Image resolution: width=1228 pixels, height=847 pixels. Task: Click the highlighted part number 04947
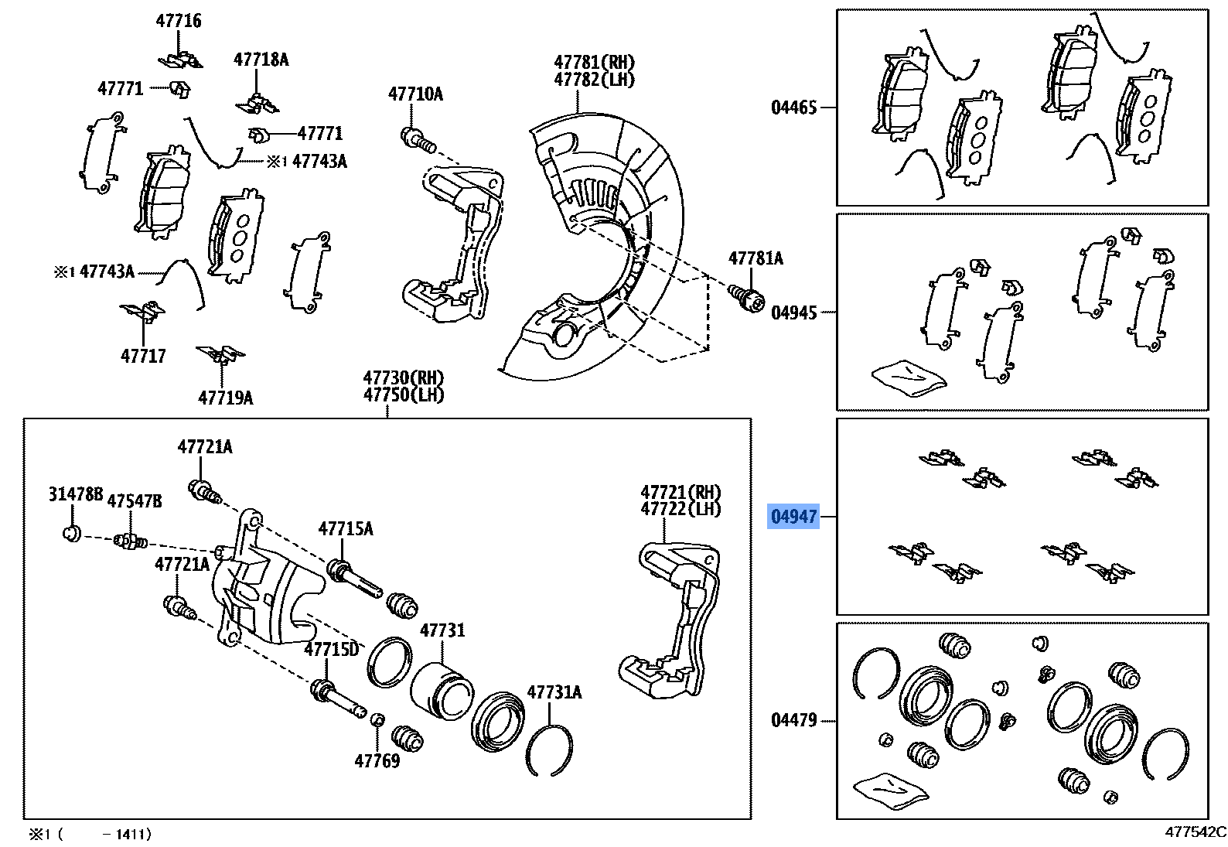pyautogui.click(x=793, y=516)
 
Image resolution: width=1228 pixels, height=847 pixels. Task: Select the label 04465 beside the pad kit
pyautogui.click(x=793, y=108)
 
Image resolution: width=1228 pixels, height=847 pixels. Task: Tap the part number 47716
pyautogui.click(x=178, y=21)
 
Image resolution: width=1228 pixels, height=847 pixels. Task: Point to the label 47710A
pyautogui.click(x=415, y=94)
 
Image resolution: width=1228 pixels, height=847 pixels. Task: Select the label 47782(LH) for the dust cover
pyautogui.click(x=594, y=79)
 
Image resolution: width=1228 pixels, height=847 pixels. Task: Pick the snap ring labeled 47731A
pyautogui.click(x=549, y=750)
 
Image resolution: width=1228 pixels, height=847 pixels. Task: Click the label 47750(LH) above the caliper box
pyautogui.click(x=404, y=395)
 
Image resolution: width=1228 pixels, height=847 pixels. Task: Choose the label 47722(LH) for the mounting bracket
pyautogui.click(x=680, y=509)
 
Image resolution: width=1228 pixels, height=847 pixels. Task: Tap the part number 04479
pyautogui.click(x=793, y=720)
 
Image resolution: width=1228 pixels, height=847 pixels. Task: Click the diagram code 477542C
pyautogui.click(x=1196, y=832)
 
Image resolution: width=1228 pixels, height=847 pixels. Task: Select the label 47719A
pyautogui.click(x=225, y=398)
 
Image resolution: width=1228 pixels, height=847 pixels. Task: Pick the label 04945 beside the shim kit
pyautogui.click(x=793, y=313)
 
